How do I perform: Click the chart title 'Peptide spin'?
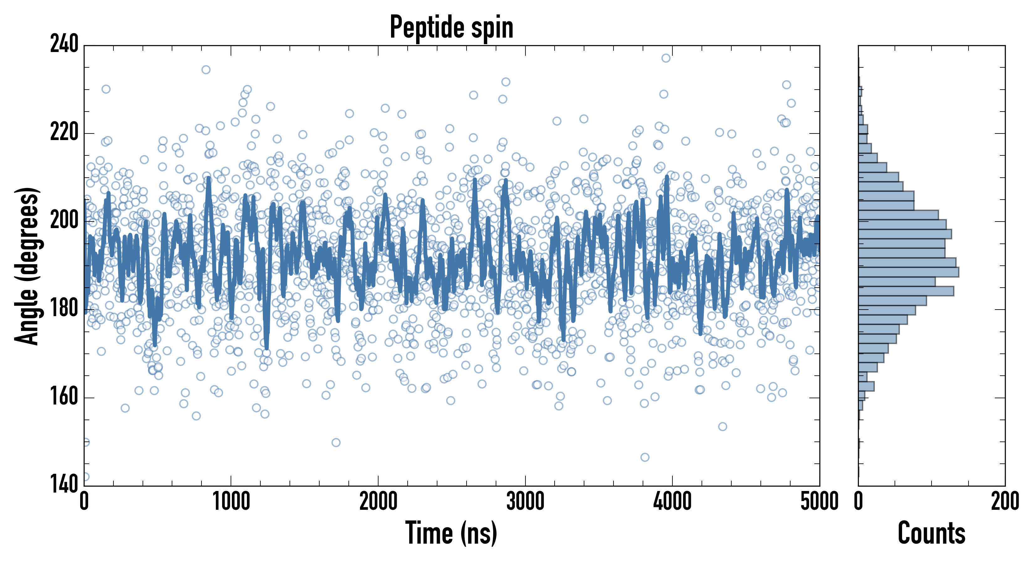coord(452,27)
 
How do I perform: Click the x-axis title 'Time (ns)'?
coord(451,533)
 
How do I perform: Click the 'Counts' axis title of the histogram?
coord(931,533)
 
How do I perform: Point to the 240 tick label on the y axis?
coord(64,44)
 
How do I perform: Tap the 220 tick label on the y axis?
coord(64,133)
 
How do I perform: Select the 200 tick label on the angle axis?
coord(64,221)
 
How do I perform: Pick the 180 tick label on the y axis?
coord(64,309)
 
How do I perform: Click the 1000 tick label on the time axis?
coord(231,502)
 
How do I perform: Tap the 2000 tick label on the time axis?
coord(378,502)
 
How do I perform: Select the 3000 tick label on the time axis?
coord(525,502)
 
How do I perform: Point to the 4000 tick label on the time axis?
coord(672,502)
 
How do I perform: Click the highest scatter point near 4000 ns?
coord(666,58)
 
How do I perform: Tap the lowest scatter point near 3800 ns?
coord(645,457)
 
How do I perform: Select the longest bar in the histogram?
coord(908,272)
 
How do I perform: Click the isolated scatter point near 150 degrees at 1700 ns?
coord(336,442)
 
